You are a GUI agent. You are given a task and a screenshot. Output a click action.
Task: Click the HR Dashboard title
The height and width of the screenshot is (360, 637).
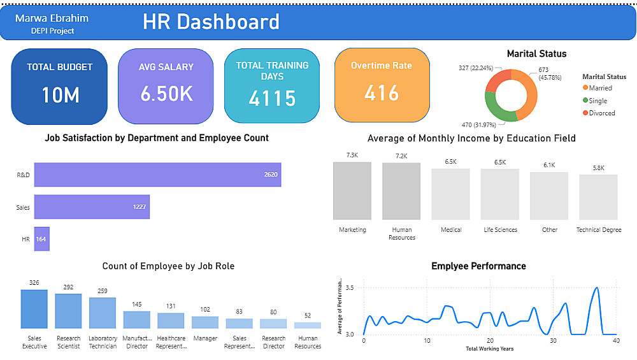point(211,22)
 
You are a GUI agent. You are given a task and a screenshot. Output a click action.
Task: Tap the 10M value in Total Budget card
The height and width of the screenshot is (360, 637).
point(61,95)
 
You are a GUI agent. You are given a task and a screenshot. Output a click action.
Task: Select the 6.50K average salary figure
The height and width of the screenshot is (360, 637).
point(167,94)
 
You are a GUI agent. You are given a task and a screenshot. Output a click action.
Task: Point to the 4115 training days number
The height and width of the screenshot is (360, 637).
point(272,98)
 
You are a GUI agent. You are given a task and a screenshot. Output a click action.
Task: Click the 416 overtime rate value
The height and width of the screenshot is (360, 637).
point(382,93)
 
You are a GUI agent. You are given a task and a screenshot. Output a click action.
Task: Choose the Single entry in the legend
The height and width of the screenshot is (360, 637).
point(598,101)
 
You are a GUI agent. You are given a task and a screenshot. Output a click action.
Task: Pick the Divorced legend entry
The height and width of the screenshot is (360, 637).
point(601,113)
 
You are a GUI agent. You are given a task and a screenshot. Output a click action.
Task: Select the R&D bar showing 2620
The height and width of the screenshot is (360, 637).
point(157,175)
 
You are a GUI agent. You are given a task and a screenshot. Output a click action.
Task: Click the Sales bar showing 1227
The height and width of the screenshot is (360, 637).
point(92,207)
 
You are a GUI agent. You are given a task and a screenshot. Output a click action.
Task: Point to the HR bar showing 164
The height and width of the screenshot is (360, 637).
point(41,239)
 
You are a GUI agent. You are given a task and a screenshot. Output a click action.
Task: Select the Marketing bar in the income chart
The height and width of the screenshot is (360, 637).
point(352,191)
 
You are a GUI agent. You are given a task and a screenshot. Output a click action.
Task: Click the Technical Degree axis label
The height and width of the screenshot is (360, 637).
point(598,230)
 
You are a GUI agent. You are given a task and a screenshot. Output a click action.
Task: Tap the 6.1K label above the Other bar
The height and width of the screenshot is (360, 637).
point(549,165)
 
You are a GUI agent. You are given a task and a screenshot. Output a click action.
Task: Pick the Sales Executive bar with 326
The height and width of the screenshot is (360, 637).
point(34,309)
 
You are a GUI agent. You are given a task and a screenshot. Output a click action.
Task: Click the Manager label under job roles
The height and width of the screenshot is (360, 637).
point(204,338)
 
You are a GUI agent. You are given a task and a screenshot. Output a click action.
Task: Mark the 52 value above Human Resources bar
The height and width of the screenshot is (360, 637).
point(308,316)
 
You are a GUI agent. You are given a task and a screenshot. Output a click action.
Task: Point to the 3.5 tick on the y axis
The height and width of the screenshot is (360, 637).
point(350,288)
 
